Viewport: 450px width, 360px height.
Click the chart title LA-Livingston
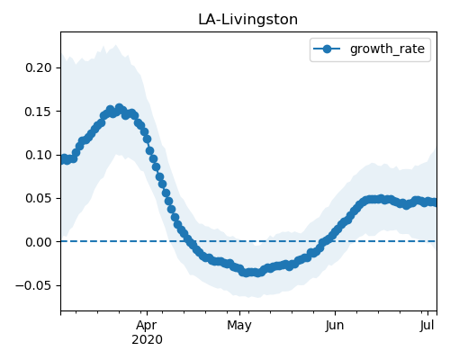point(247,20)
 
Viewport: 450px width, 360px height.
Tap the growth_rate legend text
point(387,49)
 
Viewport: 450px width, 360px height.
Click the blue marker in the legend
point(327,49)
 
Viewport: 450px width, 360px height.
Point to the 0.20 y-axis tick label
point(39,67)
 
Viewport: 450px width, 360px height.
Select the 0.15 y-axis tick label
point(39,112)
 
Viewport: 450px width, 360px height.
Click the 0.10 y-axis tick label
point(39,155)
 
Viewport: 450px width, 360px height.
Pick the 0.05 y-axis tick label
point(39,198)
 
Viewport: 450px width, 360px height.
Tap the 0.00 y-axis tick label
point(39,242)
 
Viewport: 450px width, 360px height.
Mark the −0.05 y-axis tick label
point(33,285)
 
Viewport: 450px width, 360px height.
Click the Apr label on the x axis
point(147,325)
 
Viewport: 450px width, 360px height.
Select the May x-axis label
point(239,325)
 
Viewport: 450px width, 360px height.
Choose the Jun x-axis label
point(335,325)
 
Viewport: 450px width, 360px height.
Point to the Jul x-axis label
point(427,325)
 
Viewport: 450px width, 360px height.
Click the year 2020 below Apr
point(147,339)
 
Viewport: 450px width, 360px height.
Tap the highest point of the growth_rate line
point(120,108)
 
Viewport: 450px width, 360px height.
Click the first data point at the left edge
point(63,159)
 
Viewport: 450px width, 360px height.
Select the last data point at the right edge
point(434,202)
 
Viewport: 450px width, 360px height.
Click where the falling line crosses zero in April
point(188,241)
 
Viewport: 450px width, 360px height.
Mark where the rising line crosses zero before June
point(326,241)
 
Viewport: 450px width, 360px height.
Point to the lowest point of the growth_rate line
point(246,273)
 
